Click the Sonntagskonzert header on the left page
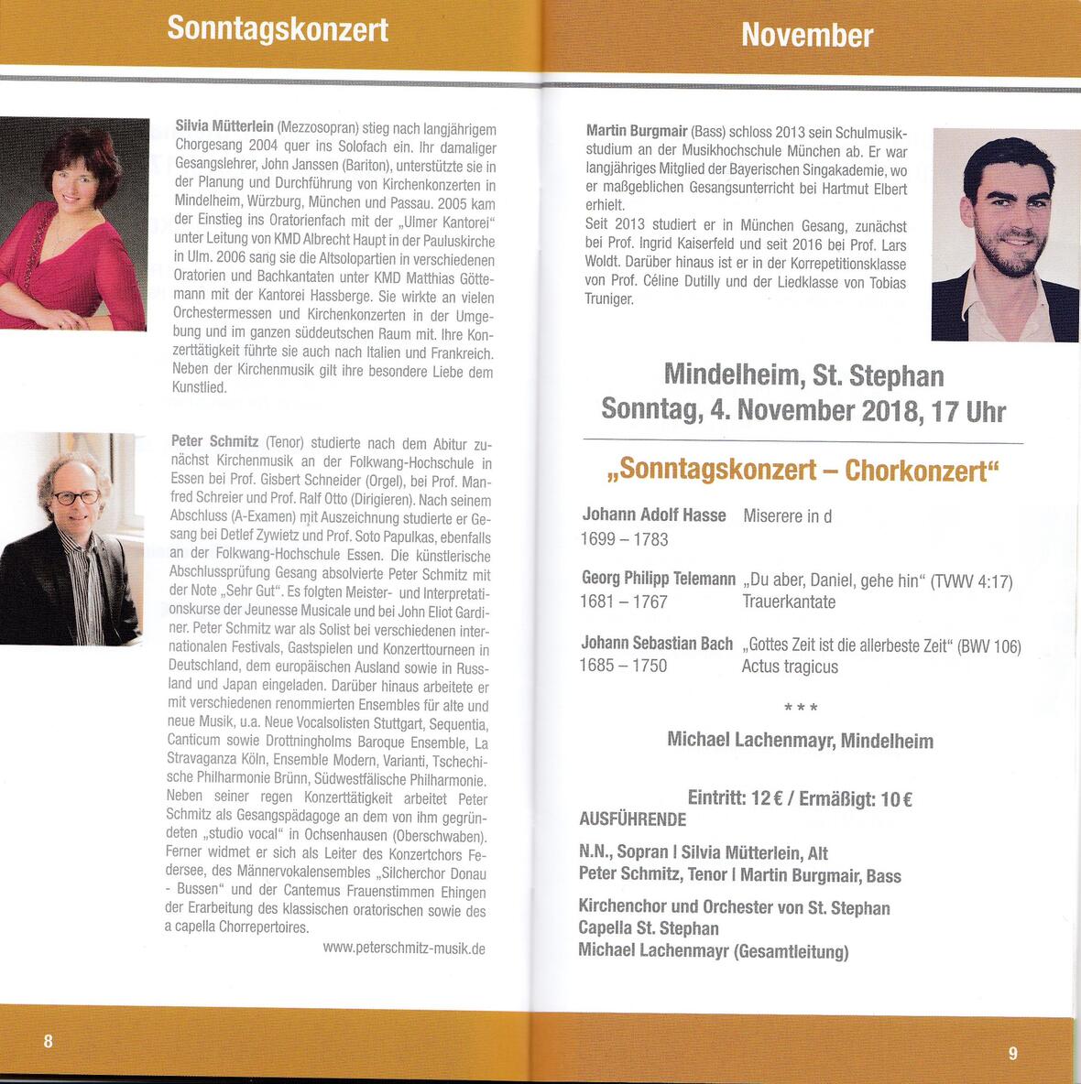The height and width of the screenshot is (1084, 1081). [x=278, y=29]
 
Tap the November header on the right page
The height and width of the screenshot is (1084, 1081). [x=806, y=35]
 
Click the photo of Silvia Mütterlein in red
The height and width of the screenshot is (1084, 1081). [x=72, y=224]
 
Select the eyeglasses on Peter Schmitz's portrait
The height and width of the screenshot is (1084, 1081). [x=77, y=497]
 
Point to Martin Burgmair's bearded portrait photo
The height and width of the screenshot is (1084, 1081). [x=1005, y=235]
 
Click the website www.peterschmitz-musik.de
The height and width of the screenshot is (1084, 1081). [x=404, y=948]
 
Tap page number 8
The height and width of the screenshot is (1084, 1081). [x=49, y=1040]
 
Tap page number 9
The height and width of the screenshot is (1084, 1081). [x=1012, y=1053]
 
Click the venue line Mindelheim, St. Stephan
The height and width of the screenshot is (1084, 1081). [x=803, y=375]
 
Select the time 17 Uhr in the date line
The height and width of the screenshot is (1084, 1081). [x=968, y=411]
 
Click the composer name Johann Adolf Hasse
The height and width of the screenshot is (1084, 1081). [x=654, y=515]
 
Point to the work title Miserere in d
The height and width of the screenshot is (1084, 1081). [x=788, y=516]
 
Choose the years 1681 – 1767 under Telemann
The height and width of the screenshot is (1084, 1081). [x=624, y=602]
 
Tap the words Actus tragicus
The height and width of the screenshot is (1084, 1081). [x=790, y=667]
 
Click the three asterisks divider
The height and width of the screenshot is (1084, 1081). [x=801, y=708]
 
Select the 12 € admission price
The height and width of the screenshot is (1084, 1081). [x=766, y=798]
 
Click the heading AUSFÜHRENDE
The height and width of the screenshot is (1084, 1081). [x=632, y=819]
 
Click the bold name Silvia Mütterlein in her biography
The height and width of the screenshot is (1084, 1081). [x=224, y=126]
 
